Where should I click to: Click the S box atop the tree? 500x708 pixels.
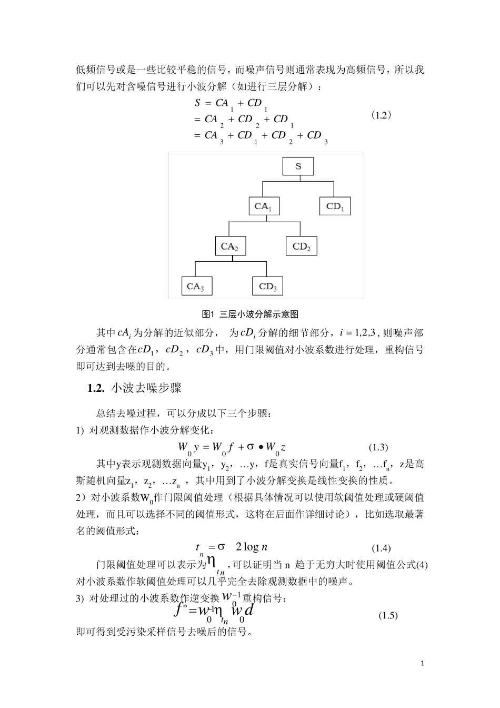[x=298, y=166]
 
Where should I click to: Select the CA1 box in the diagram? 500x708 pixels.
[x=264, y=206]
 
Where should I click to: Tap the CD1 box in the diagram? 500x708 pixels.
[x=335, y=206]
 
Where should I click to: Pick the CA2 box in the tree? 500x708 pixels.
[x=230, y=246]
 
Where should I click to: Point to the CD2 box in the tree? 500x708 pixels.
[x=302, y=246]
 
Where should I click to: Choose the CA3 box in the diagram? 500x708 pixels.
[x=196, y=287]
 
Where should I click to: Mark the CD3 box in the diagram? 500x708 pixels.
[x=267, y=287]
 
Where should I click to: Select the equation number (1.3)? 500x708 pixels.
[x=378, y=447]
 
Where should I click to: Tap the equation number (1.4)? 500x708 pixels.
[x=381, y=548]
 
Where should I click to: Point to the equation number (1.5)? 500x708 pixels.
[x=388, y=615]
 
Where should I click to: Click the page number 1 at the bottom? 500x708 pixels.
[x=423, y=663]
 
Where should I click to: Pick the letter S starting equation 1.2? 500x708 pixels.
[x=197, y=103]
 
